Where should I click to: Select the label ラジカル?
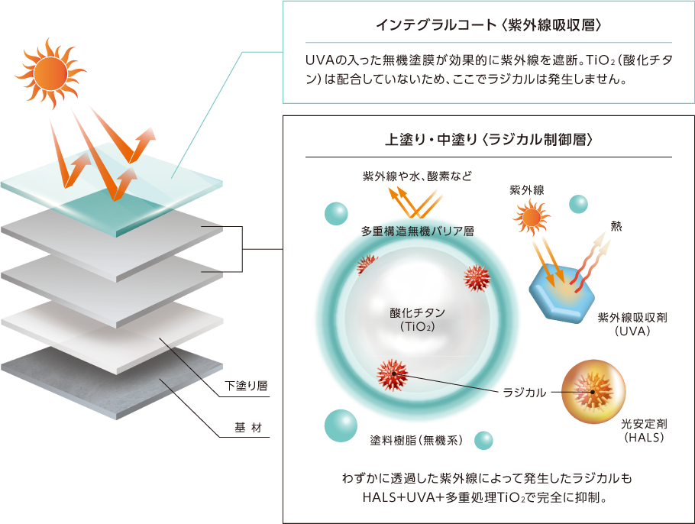tap(525, 393)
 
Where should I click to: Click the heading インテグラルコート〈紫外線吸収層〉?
tap(489, 25)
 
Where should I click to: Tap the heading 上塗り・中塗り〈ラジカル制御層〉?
tap(489, 141)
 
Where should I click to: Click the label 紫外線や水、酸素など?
tap(417, 176)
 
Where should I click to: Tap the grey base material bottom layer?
tap(107, 382)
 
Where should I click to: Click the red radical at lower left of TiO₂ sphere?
tap(393, 372)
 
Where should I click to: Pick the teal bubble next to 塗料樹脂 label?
tap(483, 441)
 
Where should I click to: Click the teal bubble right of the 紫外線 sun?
tap(578, 203)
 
